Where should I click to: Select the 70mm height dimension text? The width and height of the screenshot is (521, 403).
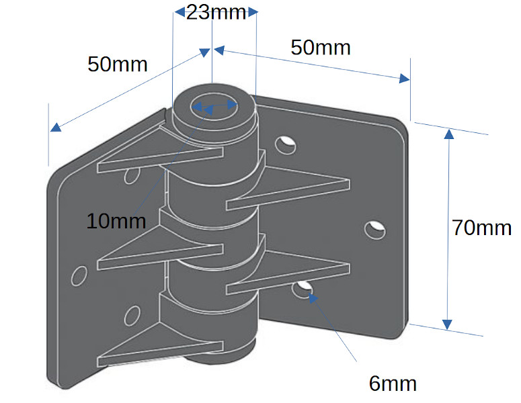(x=481, y=228)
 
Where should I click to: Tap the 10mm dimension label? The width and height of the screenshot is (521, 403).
(x=116, y=220)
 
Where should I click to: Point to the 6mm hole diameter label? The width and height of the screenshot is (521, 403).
(x=393, y=384)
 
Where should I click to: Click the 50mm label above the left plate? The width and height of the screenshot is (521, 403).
(x=118, y=64)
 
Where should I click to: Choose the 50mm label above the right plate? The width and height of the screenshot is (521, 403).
(x=321, y=48)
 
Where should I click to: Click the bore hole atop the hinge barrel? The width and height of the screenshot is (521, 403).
(x=214, y=105)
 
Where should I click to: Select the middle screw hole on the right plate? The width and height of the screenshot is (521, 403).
(x=375, y=229)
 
